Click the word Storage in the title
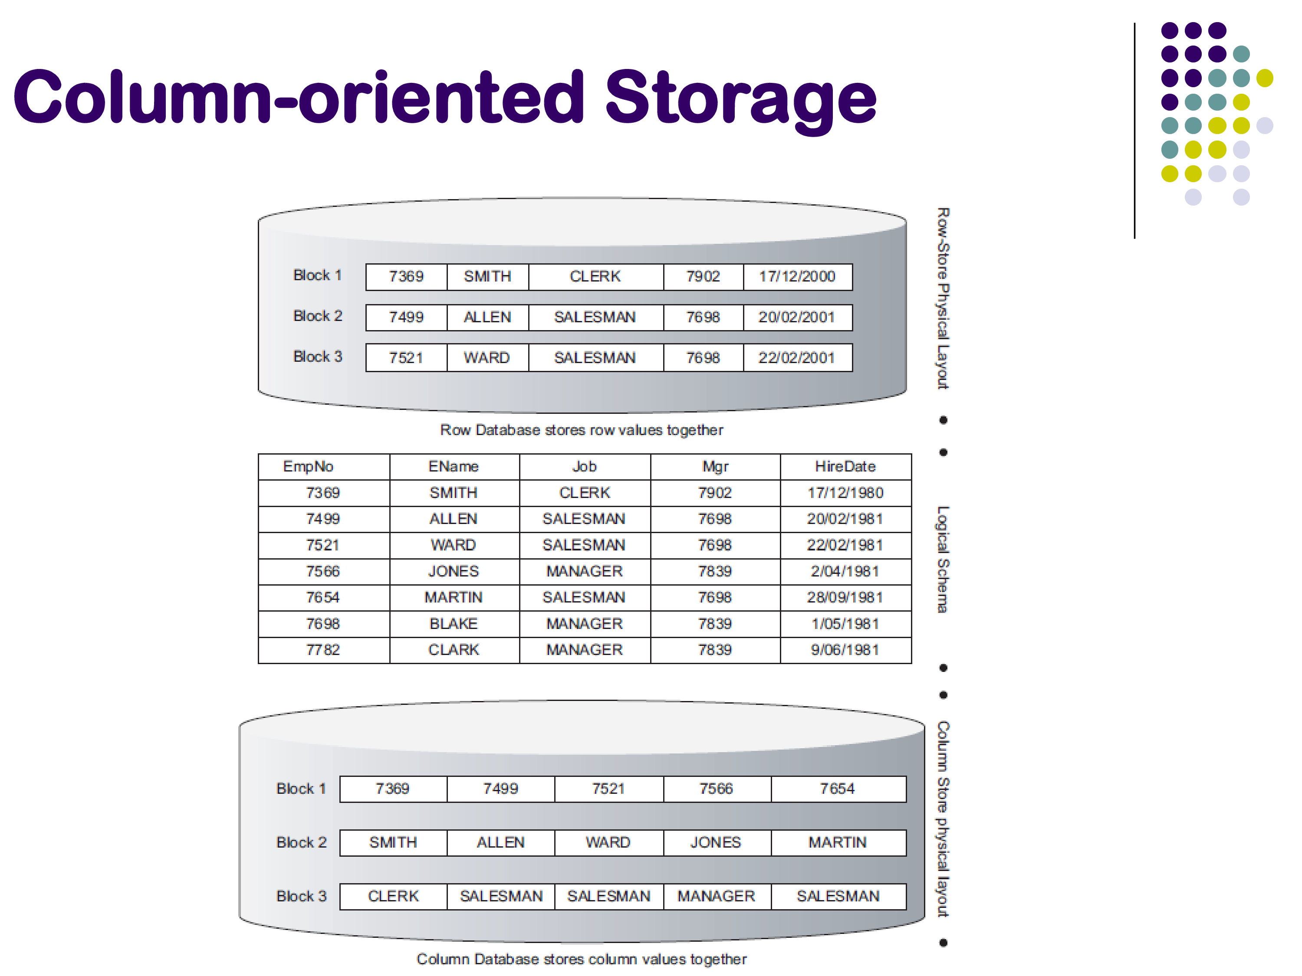click(x=740, y=98)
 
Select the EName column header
click(x=453, y=466)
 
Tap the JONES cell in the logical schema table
click(x=453, y=571)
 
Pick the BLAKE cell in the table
click(x=453, y=624)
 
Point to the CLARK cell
click(x=453, y=650)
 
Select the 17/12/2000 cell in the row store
click(x=796, y=276)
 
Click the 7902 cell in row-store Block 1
click(x=703, y=276)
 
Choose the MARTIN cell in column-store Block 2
click(x=837, y=842)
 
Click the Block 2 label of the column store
click(x=301, y=842)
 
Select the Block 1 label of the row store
click(x=317, y=275)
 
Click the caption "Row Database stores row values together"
click(x=581, y=430)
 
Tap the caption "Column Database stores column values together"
click(x=581, y=959)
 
